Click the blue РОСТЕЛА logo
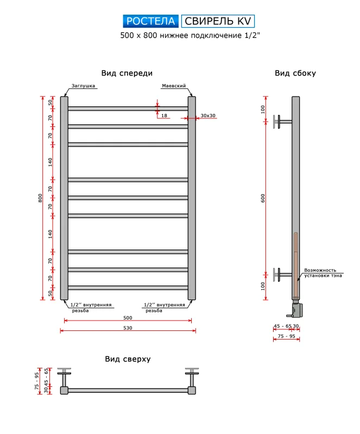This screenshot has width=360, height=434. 150,21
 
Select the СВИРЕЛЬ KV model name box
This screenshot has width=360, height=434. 218,21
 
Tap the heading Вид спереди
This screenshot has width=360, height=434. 127,73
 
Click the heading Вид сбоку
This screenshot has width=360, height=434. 295,73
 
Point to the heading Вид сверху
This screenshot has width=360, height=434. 128,359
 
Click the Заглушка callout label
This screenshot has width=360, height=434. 83,86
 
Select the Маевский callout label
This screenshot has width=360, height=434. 174,86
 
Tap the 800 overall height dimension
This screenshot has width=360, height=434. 41,198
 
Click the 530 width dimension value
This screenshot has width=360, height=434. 128,328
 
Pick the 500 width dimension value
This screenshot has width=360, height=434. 128,318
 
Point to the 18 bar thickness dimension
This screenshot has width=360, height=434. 164,116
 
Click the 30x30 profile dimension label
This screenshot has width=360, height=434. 208,116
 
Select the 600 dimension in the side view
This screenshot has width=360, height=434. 263,198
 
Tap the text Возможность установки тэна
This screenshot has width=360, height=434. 323,273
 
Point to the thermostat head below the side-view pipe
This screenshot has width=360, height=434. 296,310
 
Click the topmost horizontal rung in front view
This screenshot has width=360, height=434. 128,108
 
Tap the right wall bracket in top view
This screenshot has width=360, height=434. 192,377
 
